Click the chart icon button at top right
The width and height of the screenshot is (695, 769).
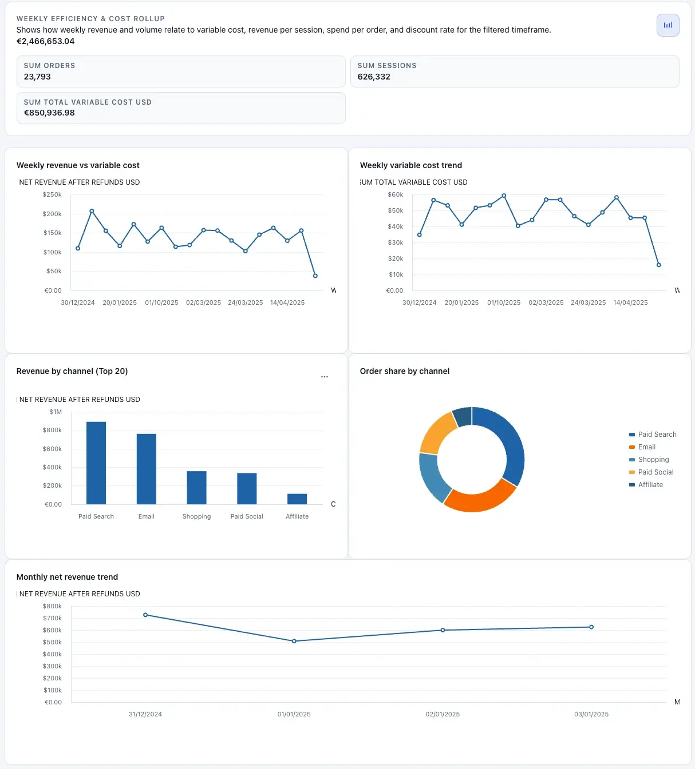tap(668, 25)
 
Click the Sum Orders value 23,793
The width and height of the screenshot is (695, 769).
tap(37, 77)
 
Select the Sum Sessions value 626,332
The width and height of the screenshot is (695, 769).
tap(374, 77)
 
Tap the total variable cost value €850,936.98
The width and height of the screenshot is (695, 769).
tap(49, 113)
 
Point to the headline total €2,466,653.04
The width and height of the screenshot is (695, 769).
tap(45, 41)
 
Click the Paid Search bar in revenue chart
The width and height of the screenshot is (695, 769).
tap(96, 463)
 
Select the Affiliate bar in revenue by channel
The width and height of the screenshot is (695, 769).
tap(297, 499)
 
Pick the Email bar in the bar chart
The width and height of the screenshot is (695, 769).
tap(147, 469)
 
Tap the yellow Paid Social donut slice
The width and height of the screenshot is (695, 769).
tap(437, 432)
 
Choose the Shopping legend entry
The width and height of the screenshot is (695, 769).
tap(653, 460)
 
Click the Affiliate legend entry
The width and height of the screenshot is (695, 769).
tap(650, 485)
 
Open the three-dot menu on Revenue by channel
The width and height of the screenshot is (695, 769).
tap(325, 377)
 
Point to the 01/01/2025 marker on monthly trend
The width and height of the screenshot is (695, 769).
tap(294, 641)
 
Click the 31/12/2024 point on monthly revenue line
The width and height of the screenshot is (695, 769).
tap(145, 615)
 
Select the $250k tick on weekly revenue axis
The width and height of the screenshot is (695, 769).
tap(52, 195)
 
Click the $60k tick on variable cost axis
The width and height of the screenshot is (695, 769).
tap(396, 195)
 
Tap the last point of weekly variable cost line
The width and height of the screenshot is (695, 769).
tap(658, 265)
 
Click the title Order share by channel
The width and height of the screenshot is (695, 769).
tap(404, 371)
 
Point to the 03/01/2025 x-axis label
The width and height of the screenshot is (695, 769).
tap(591, 714)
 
